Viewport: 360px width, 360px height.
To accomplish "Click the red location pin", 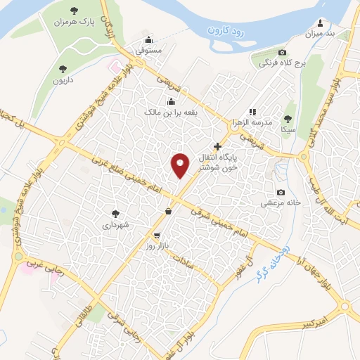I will click(x=180, y=165).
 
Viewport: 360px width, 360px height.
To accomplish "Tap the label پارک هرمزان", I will click(x=75, y=22).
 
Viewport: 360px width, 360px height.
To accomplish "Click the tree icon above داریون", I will click(x=63, y=69).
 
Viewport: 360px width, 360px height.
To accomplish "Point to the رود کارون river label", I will click(x=229, y=30).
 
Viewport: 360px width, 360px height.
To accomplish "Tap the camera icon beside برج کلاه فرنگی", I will click(x=282, y=53).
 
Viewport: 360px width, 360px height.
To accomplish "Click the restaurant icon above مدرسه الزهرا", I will click(x=252, y=111).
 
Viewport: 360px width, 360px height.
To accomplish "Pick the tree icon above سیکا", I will click(x=287, y=118).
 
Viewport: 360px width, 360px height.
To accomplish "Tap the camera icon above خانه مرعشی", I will click(x=281, y=192).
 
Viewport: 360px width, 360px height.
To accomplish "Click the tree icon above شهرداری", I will click(x=115, y=213).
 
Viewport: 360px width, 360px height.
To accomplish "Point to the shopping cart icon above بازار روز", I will click(x=156, y=236).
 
